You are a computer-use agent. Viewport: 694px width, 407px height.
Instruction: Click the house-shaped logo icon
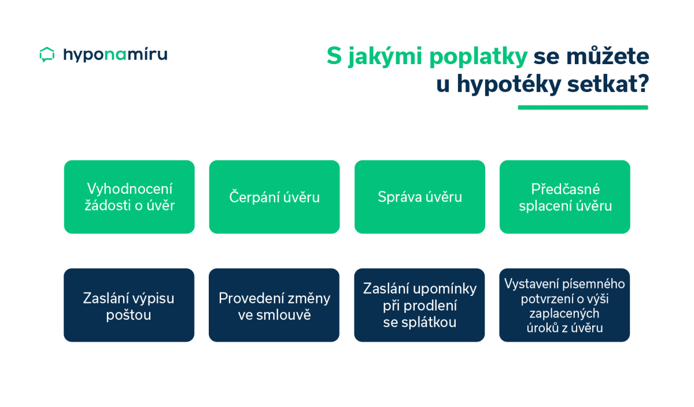click(x=47, y=54)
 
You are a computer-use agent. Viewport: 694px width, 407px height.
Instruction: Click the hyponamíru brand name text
click(x=115, y=54)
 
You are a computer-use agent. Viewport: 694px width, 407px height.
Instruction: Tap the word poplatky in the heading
click(x=478, y=57)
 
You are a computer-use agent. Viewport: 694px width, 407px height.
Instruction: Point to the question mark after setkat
click(x=643, y=83)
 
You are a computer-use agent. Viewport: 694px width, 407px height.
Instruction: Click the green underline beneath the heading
click(x=583, y=108)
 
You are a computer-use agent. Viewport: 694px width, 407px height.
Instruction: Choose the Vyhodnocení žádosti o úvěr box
click(x=129, y=197)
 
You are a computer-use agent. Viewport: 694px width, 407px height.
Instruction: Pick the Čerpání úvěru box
click(x=274, y=197)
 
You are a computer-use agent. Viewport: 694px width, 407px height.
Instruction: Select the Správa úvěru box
click(x=419, y=197)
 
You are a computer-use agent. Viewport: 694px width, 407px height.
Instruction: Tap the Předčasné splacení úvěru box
click(x=565, y=197)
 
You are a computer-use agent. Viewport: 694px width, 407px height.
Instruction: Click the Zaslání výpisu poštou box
click(x=129, y=305)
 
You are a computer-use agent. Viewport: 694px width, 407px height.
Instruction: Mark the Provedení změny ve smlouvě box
click(x=274, y=305)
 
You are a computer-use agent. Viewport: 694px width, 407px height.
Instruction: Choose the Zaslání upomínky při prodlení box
click(x=419, y=305)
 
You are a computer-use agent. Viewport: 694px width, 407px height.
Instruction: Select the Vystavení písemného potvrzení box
click(x=564, y=305)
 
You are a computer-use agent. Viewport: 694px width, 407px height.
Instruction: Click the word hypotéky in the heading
click(x=509, y=84)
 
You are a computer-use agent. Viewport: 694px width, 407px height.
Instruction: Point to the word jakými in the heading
click(x=385, y=57)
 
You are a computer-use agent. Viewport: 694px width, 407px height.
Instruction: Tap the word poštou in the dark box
click(x=128, y=315)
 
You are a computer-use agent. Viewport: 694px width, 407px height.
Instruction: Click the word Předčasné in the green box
click(x=566, y=189)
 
